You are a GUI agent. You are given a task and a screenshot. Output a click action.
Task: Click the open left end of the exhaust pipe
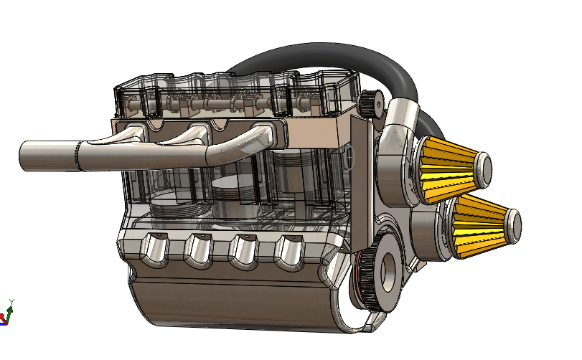point(22,156)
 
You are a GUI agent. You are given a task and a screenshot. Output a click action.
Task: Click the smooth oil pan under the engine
point(230,301)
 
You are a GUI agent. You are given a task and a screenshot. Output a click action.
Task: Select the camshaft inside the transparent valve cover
point(215,106)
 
